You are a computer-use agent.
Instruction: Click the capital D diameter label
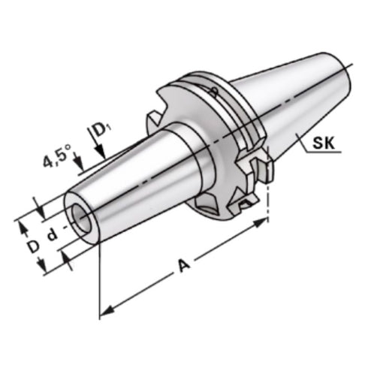(32, 246)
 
